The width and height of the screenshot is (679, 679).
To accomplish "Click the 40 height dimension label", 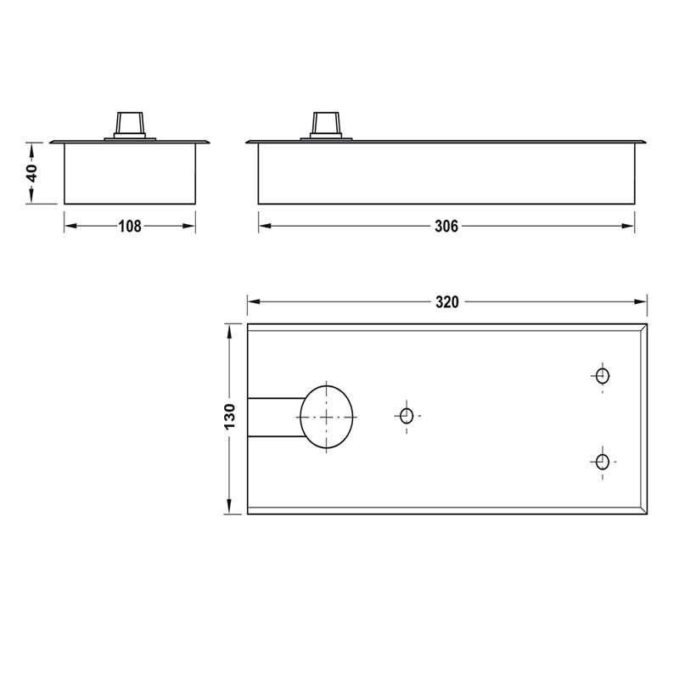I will [x=32, y=172].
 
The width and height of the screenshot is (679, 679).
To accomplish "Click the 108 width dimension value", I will [x=130, y=227].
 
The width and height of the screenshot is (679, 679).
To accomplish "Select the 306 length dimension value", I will [x=446, y=227].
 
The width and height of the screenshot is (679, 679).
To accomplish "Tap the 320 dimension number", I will [x=446, y=302].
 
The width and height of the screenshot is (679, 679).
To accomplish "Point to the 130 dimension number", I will [x=229, y=418].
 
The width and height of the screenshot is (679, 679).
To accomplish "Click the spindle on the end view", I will [x=130, y=124].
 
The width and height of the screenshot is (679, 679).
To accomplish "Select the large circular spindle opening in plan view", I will [x=327, y=417].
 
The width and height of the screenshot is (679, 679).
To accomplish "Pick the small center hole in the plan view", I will [x=406, y=416].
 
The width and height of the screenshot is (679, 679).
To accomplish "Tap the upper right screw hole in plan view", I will [x=603, y=375].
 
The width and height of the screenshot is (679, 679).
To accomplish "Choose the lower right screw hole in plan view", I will [x=602, y=462].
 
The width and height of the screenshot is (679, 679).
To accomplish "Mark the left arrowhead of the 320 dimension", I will [x=252, y=302].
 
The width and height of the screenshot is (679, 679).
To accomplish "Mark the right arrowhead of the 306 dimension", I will [x=629, y=227].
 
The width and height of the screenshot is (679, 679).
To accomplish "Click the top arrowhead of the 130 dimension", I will [x=229, y=329].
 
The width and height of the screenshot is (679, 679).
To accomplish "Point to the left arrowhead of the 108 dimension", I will [x=70, y=227].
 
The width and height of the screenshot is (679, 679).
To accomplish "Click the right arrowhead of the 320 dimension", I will [x=642, y=302].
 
